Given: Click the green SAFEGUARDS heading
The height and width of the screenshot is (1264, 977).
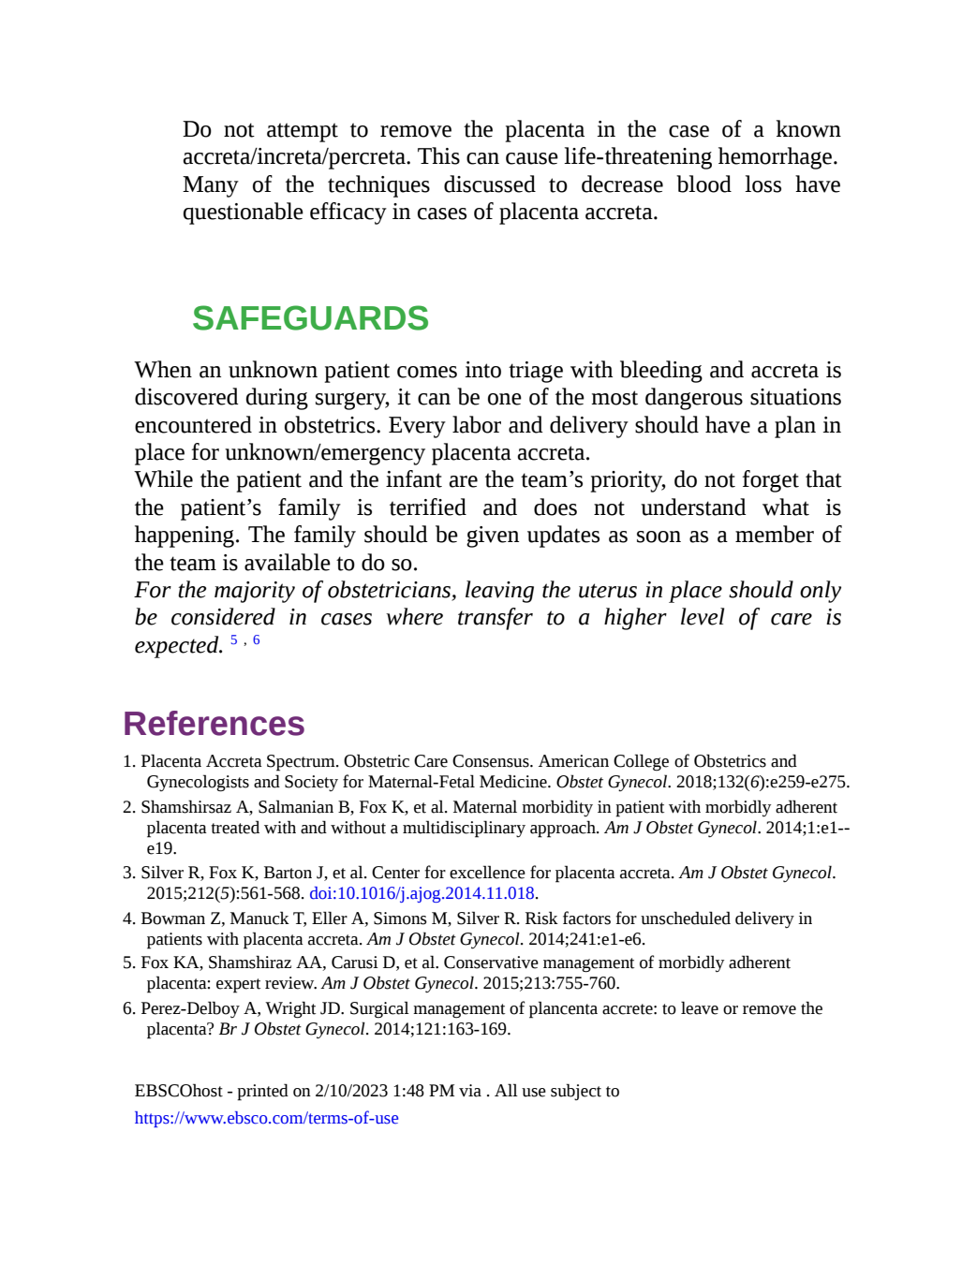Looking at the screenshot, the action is (310, 318).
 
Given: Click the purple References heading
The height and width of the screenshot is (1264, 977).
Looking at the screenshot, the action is (215, 723).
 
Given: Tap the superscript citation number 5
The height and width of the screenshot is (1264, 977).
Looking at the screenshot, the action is (234, 639).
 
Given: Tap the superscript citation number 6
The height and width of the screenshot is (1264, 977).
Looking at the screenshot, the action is (256, 639).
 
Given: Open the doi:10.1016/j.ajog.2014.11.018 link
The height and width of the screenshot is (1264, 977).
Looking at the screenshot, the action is (422, 893).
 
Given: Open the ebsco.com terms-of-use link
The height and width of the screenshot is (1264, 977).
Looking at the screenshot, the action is (267, 1117).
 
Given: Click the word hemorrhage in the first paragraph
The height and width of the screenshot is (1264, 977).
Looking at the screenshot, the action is (777, 156).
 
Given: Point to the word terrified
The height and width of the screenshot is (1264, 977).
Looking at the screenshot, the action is (428, 507).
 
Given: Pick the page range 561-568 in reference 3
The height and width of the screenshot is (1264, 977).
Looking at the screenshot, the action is (273, 893).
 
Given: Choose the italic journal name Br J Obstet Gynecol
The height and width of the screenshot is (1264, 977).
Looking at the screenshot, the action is (291, 1030).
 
